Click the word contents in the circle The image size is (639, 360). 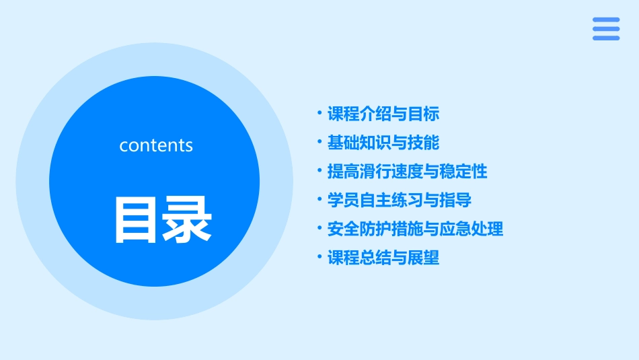pos(156,145)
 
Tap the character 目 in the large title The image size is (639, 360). pos(137,219)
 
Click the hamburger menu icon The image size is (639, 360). pos(606,29)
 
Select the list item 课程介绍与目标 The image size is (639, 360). pos(383,114)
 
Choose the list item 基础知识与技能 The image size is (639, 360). pos(383,143)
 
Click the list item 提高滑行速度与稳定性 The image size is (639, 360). pos(407,172)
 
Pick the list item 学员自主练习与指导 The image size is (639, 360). pos(399,201)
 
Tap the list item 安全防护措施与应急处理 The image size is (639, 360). pos(415,229)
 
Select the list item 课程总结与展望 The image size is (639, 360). pos(383,258)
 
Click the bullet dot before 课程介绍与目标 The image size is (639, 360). pos(319,113)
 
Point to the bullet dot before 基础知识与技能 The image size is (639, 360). pos(319,142)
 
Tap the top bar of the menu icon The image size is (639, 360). pos(606,20)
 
